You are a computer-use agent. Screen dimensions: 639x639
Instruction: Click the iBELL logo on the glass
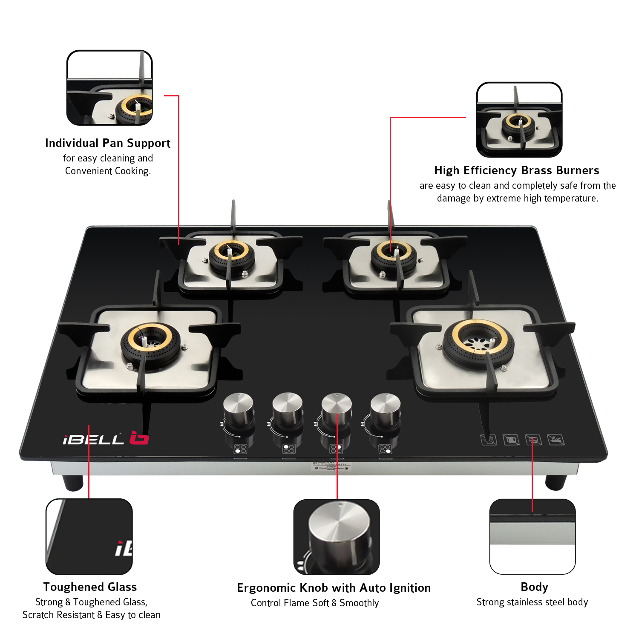106,439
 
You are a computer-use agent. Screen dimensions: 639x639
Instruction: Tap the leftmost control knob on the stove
239,409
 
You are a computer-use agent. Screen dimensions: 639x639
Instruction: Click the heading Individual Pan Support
108,143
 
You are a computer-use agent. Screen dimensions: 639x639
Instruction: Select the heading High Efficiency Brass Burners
516,170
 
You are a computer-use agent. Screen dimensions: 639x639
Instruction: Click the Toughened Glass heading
90,587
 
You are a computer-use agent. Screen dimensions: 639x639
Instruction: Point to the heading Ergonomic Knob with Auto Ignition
334,588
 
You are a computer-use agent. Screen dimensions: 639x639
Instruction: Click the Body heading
534,587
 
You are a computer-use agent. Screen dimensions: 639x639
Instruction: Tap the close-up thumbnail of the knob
337,537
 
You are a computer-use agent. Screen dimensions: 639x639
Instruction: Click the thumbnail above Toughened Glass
89,536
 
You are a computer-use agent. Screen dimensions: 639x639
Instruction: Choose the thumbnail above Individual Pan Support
109,88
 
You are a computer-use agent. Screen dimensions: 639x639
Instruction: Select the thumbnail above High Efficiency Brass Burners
519,120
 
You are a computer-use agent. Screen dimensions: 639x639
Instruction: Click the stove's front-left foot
73,482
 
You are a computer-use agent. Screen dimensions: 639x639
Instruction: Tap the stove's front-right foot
556,482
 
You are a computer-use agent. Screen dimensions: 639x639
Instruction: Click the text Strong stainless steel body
532,602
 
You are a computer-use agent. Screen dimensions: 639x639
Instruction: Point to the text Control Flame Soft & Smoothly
315,603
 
